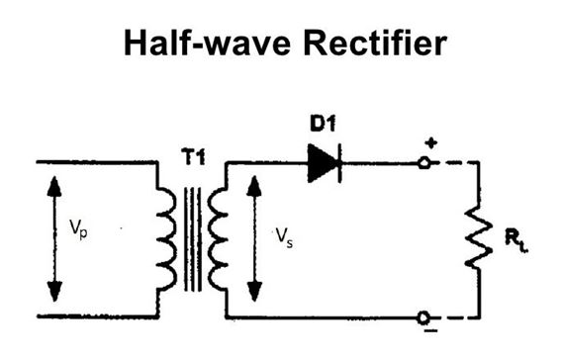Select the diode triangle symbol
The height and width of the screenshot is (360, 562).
click(x=324, y=161)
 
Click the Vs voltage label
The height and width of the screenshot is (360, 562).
click(x=285, y=238)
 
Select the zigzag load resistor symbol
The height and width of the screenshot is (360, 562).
click(x=480, y=238)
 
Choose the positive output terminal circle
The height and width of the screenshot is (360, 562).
click(x=425, y=161)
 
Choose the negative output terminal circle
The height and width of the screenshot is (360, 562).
click(x=425, y=316)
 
